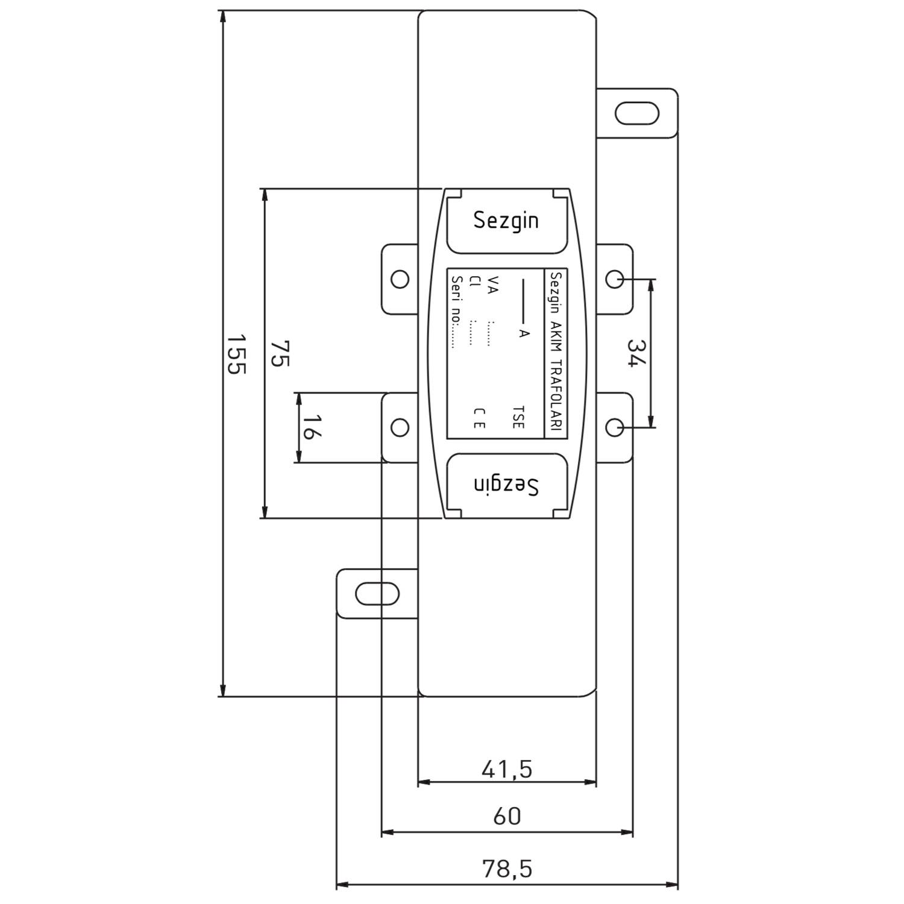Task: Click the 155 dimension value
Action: (236, 354)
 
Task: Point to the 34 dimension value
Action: (636, 354)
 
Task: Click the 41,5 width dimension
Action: (507, 769)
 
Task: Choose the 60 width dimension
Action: (507, 816)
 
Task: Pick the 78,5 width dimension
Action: (507, 868)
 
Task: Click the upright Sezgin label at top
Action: (506, 221)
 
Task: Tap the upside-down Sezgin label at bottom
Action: (506, 485)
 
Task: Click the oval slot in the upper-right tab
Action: (637, 113)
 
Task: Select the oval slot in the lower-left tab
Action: (377, 594)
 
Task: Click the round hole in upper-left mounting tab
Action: (400, 279)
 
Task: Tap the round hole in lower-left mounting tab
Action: (400, 427)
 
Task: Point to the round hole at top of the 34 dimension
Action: (614, 279)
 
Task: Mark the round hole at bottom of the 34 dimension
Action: (614, 427)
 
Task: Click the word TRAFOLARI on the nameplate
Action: (556, 395)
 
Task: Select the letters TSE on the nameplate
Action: (518, 417)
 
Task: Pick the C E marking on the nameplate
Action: (479, 418)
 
